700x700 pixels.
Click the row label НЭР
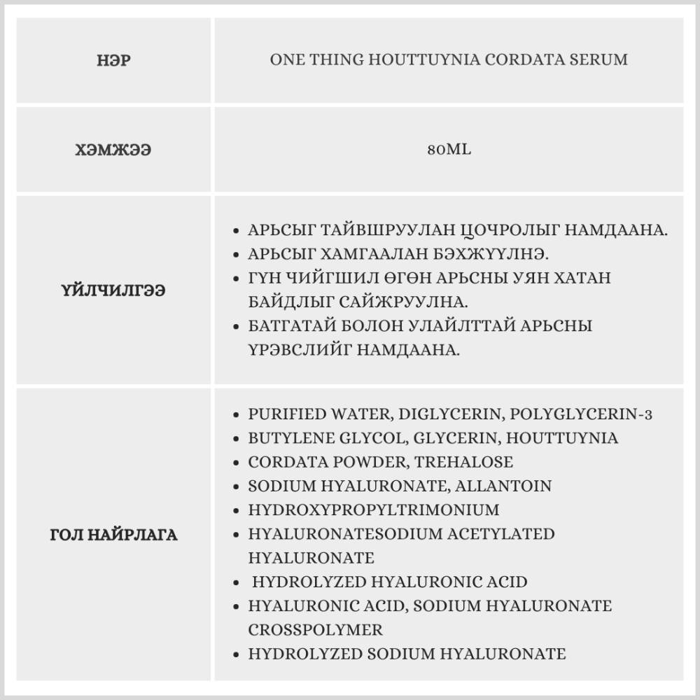point(113,60)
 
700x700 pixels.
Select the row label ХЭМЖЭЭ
point(113,150)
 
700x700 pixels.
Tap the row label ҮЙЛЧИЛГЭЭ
point(113,290)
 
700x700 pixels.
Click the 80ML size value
point(449,150)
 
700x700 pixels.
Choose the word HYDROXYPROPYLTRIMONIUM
point(374,510)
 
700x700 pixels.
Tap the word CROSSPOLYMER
point(316,629)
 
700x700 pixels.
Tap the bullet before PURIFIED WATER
point(236,414)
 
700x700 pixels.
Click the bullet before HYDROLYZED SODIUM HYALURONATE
point(236,654)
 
